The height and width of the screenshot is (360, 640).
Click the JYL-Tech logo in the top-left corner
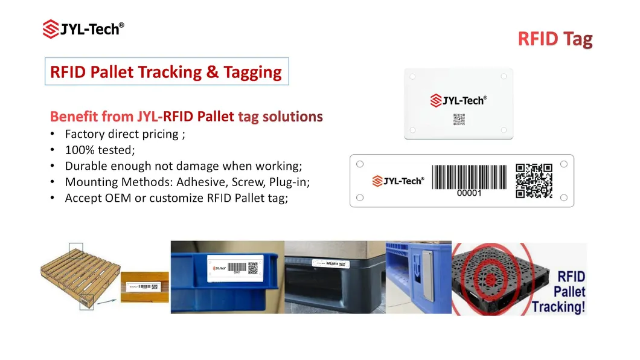(83, 28)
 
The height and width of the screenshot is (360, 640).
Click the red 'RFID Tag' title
(555, 40)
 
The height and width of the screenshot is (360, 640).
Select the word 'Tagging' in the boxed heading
(252, 72)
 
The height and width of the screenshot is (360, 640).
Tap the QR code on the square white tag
(459, 119)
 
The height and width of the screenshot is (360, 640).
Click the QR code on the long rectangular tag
(534, 181)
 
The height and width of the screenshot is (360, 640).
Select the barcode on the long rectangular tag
(469, 177)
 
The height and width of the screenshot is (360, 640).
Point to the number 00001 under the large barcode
(469, 194)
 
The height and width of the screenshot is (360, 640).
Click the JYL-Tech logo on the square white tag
(458, 101)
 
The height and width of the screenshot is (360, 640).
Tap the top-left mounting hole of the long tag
(360, 164)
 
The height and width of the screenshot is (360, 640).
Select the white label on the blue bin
(233, 266)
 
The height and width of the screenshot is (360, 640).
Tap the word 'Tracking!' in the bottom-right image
(559, 307)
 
